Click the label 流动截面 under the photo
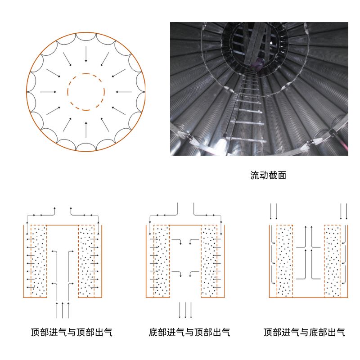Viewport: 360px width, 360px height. coord(268,175)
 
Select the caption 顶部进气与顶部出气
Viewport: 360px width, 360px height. coord(72,333)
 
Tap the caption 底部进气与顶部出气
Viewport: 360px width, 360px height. coord(189,333)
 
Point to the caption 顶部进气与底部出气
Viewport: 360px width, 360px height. coord(305,333)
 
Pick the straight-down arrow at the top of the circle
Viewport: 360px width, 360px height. coord(86,54)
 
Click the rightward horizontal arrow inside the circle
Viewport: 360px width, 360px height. coord(49,92)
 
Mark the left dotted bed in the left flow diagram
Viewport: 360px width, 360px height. coord(39,261)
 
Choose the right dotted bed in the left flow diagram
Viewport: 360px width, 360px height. coord(87,261)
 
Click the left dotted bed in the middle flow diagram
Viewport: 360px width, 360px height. coord(162,261)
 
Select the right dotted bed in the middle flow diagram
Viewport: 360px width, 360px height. coord(209,261)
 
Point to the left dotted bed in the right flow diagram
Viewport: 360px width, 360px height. coord(284,261)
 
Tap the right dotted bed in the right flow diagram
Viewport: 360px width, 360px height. coord(332,261)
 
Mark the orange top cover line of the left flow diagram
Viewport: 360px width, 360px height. coord(63,225)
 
